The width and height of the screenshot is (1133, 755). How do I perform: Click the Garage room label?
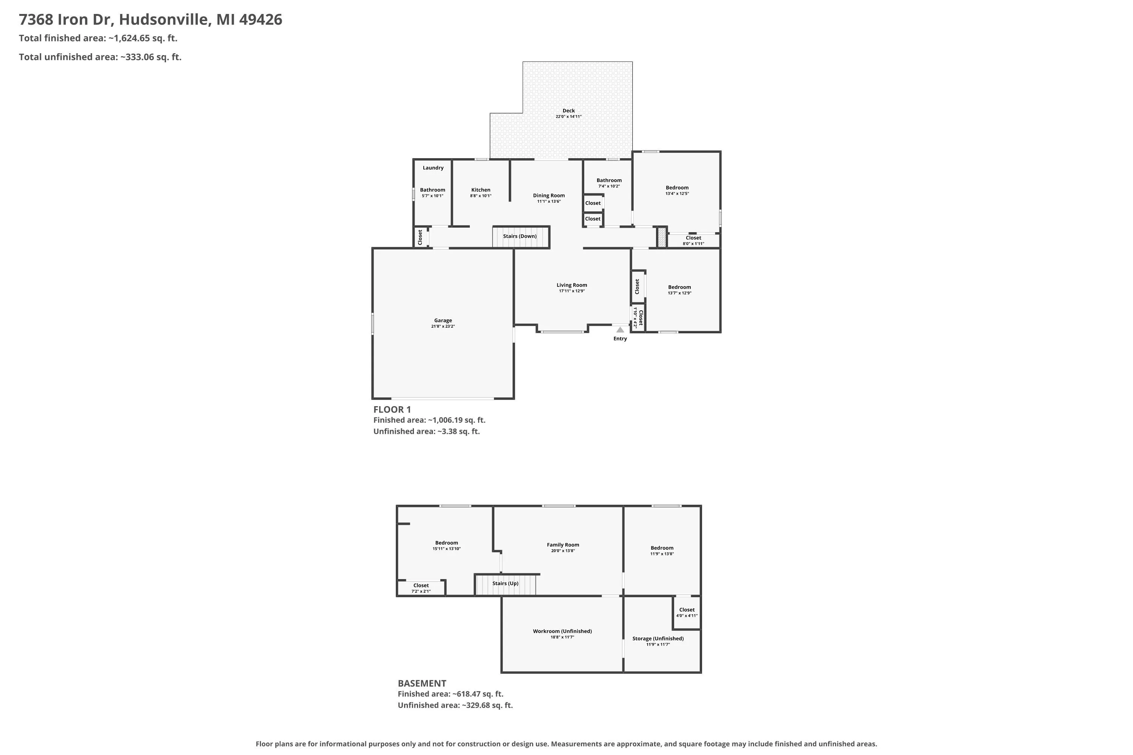443,320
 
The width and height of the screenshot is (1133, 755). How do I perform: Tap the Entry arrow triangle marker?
620,330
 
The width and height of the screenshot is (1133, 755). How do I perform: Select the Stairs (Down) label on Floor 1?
520,236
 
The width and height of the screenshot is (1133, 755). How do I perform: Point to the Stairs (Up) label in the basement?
505,583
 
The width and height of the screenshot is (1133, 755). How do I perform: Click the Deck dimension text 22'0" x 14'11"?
568,117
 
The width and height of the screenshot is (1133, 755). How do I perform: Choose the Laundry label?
433,168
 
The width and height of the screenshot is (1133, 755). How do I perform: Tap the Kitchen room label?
481,190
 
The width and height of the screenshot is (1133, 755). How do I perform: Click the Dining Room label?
549,196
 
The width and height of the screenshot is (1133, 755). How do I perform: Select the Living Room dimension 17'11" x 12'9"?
572,291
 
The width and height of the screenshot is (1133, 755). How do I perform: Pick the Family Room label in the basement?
563,545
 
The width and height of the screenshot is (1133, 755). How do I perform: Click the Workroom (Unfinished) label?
562,631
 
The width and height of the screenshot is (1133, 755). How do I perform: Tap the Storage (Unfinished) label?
658,638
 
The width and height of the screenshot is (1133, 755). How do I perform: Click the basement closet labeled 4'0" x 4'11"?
687,612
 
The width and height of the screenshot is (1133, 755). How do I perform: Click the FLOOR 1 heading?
392,409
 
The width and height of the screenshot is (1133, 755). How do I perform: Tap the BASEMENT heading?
422,683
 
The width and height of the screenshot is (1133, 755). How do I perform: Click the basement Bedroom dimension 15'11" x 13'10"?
446,549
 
